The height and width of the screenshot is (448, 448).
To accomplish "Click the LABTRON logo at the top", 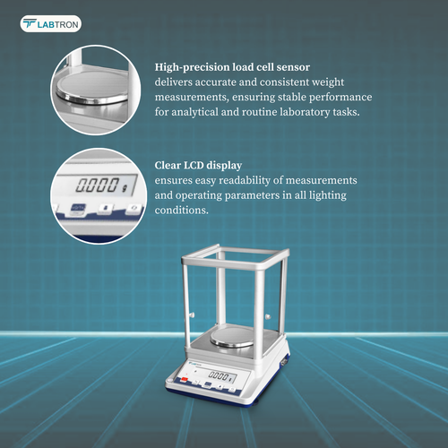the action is (51, 24).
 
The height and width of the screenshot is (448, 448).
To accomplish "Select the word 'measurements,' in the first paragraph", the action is (192, 98).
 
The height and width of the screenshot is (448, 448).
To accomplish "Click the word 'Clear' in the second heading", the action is (168, 165).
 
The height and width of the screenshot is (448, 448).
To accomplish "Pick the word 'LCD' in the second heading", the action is (194, 165).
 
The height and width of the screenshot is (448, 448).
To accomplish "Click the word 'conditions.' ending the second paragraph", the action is (182, 210).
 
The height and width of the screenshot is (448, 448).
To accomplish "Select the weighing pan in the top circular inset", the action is (92, 89).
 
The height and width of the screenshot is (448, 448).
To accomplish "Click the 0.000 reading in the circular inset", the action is (97, 185).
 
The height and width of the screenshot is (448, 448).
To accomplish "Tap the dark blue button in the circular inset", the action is (78, 208).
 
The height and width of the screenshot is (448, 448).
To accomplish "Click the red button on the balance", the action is (185, 380).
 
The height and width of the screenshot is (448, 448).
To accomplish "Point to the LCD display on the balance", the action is (222, 376).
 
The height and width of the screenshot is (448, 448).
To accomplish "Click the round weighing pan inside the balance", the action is (232, 338).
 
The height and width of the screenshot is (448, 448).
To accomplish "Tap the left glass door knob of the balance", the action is (192, 314).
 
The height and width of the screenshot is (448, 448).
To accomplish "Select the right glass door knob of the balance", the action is (268, 316).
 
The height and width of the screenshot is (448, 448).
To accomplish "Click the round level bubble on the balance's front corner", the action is (170, 381).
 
